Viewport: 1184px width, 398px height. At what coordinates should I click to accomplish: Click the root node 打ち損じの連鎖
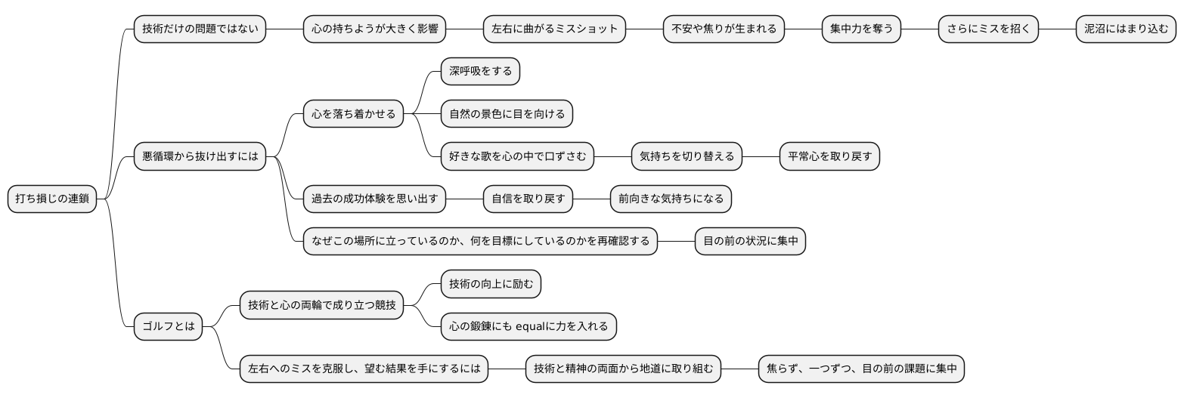52,199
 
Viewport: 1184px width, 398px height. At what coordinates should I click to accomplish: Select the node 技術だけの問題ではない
200,29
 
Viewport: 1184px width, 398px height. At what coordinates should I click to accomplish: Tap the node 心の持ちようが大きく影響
374,29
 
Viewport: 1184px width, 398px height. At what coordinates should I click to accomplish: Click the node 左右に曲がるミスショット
554,29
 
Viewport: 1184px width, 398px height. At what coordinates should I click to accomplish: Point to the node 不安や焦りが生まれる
724,29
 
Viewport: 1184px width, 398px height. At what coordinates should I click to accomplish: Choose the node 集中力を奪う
861,29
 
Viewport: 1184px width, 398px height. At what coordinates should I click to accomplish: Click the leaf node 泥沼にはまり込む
1126,29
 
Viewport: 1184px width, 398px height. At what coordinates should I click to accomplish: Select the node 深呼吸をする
480,72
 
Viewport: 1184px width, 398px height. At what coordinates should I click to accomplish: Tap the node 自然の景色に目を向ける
507,114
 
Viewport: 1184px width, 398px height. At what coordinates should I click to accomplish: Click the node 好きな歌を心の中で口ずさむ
517,156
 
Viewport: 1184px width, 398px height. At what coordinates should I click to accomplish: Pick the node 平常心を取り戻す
829,156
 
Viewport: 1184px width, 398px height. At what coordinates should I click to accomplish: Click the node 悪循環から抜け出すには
200,156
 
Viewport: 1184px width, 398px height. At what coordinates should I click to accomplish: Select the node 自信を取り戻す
528,199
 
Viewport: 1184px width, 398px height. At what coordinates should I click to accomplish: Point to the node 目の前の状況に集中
750,241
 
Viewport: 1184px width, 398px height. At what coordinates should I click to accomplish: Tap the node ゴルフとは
169,326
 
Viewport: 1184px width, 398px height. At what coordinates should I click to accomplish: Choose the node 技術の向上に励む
491,284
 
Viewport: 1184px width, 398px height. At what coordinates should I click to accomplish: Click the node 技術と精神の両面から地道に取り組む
623,369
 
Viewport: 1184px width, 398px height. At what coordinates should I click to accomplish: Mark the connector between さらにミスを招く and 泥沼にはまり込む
1057,29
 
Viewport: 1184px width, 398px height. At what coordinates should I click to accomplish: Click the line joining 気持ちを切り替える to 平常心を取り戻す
761,156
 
